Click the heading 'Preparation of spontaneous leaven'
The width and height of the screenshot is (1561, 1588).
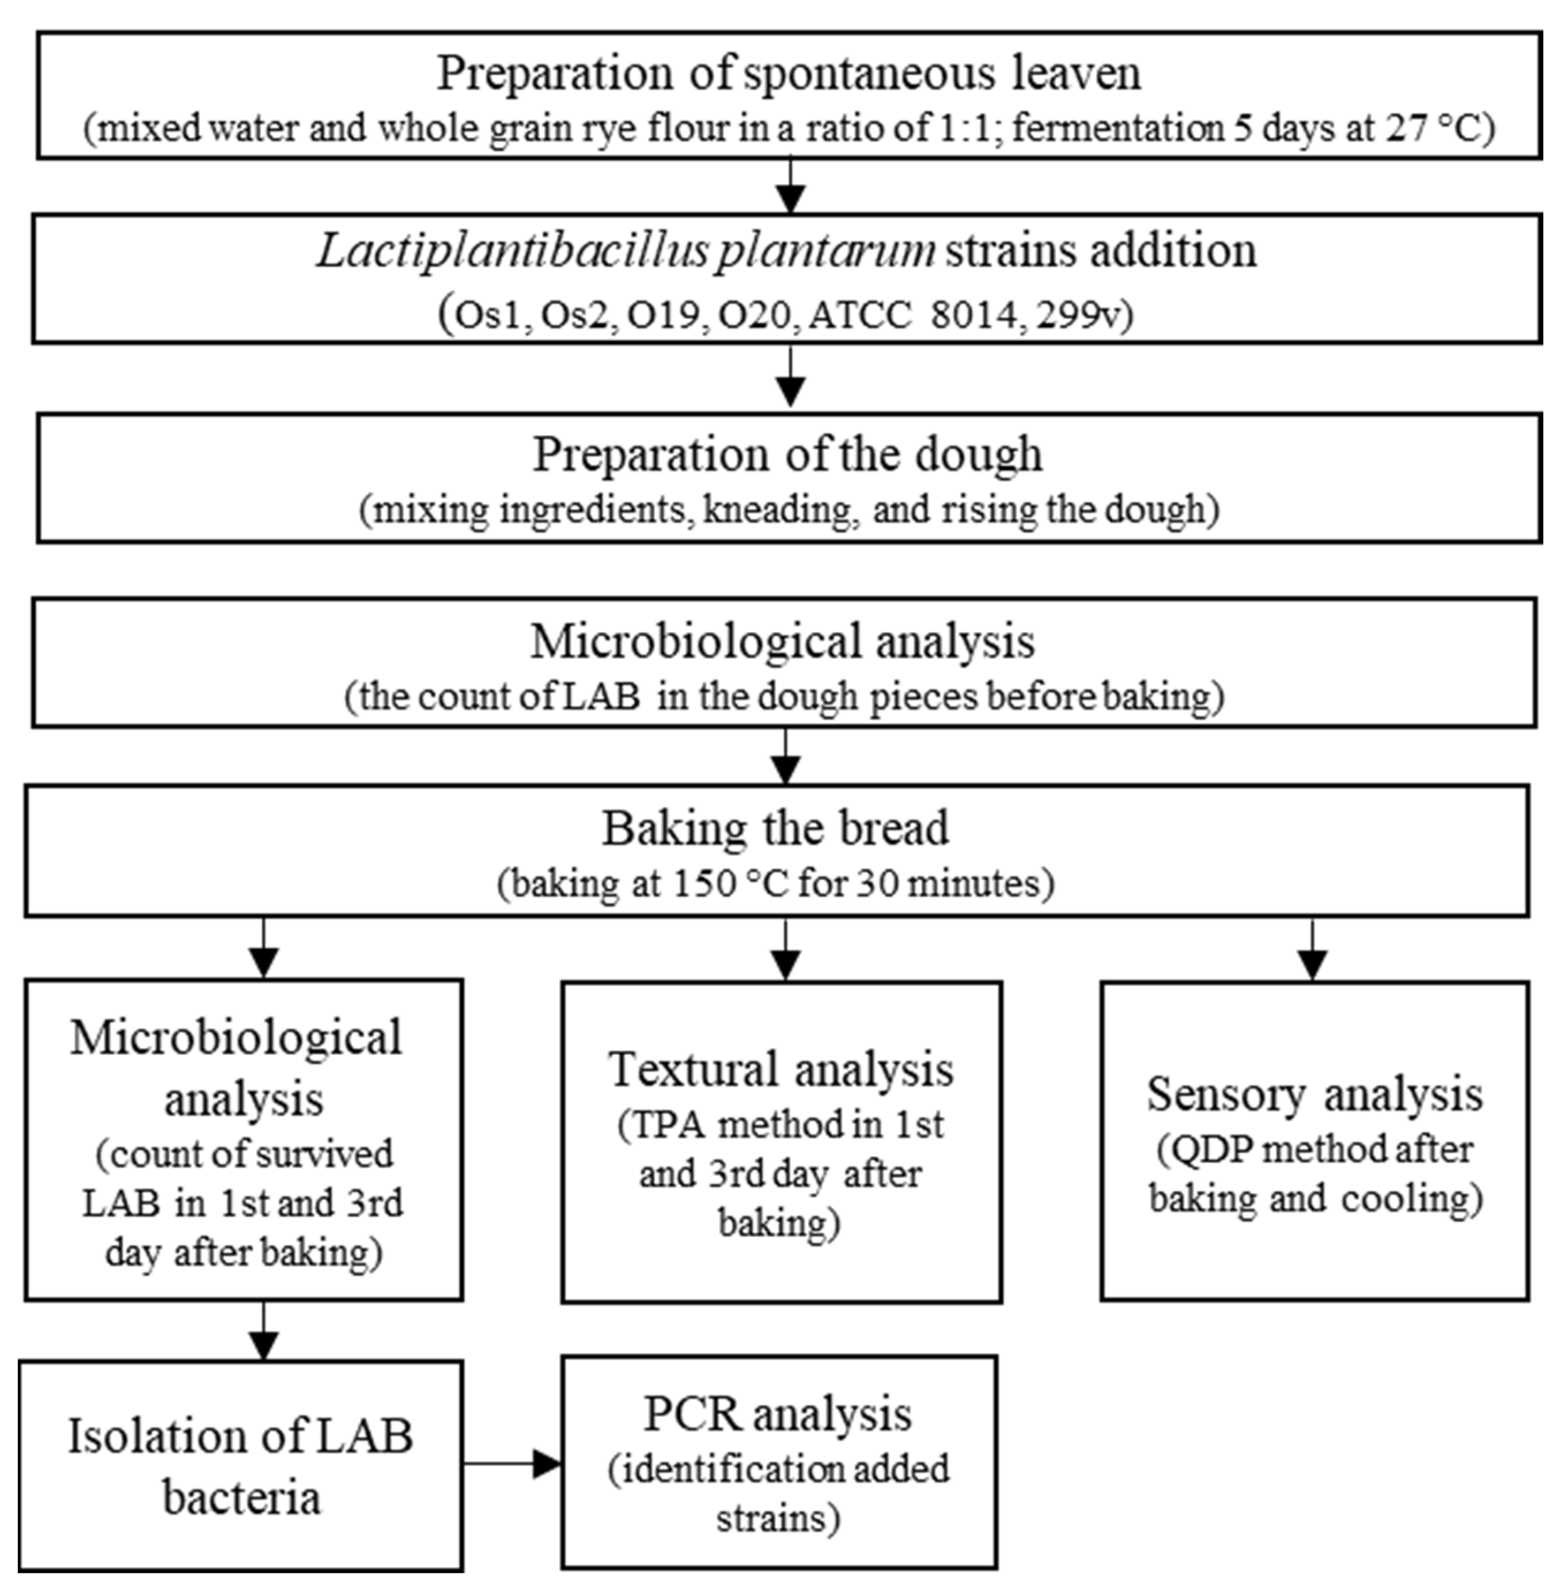pyautogui.click(x=788, y=74)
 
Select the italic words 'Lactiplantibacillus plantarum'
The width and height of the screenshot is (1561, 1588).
pyautogui.click(x=625, y=250)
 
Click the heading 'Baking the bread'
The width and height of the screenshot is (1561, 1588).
pyautogui.click(x=775, y=829)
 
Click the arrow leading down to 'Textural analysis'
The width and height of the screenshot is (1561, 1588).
pyautogui.click(x=786, y=951)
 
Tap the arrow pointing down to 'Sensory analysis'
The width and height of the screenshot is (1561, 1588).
pyautogui.click(x=1313, y=951)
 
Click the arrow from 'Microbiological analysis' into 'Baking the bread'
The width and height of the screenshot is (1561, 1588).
pyautogui.click(x=786, y=758)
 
